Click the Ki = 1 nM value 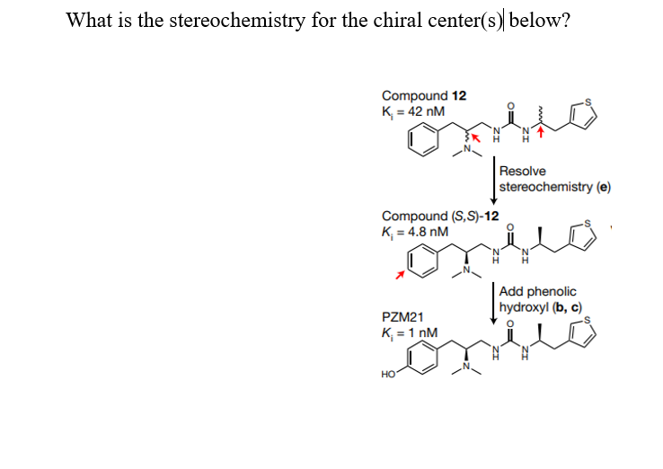410,332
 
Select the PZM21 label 401,317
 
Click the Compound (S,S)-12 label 439,216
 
